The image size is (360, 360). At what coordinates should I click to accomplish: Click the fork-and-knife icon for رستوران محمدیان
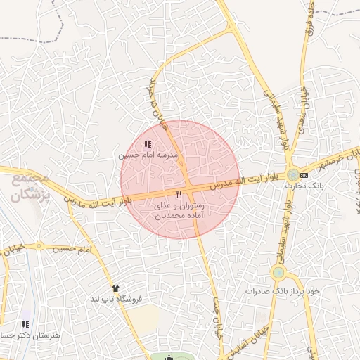click(x=179, y=193)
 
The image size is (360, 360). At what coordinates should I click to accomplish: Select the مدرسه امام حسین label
click(x=149, y=154)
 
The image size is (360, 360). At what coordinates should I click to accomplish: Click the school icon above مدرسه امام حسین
click(x=146, y=144)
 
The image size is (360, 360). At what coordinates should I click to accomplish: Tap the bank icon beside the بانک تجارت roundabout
click(x=304, y=174)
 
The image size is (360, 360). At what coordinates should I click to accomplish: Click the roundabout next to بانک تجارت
click(x=292, y=174)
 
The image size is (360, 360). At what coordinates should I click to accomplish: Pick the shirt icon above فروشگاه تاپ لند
click(x=115, y=288)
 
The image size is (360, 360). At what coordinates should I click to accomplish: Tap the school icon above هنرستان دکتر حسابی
click(x=25, y=324)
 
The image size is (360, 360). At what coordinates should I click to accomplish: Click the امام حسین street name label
click(x=75, y=248)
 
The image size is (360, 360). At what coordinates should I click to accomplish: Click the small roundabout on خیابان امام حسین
click(x=40, y=247)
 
